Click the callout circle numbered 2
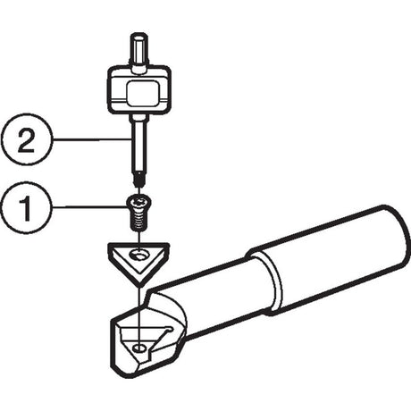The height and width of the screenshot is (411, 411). [26, 139]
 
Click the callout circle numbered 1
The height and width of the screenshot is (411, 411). [26, 206]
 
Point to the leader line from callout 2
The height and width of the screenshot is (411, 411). [92, 139]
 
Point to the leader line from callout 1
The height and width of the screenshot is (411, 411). [89, 206]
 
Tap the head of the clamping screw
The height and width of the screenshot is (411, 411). [138, 204]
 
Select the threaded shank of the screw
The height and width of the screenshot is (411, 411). [138, 221]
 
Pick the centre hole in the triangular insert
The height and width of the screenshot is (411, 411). [138, 256]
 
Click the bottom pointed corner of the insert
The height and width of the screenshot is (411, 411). [139, 286]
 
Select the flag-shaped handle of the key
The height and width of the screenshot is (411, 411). [139, 90]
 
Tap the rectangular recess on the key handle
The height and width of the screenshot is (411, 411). [142, 93]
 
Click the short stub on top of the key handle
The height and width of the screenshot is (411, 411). [139, 51]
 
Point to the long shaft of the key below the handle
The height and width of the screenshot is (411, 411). [138, 145]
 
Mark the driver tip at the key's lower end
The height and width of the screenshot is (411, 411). [138, 180]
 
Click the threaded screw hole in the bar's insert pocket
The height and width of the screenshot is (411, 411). [138, 348]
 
